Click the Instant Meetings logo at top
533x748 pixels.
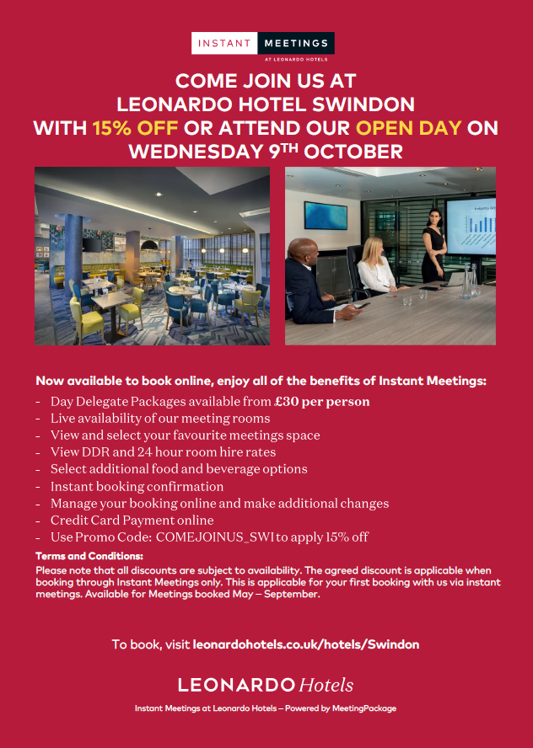point(262,46)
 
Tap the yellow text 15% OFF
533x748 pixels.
point(135,128)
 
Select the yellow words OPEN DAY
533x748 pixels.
point(409,128)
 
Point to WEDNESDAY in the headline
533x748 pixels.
point(194,152)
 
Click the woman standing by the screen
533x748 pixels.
point(433,246)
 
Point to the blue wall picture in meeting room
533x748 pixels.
point(326,216)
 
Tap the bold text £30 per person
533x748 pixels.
point(322,402)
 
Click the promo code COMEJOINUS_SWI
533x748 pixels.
point(215,537)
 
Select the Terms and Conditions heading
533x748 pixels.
point(89,556)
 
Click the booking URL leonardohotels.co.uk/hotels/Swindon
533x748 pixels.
point(305,644)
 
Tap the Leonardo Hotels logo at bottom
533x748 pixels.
point(266,685)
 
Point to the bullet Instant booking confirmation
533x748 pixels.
point(137,487)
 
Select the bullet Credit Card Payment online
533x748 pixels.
point(132,521)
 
